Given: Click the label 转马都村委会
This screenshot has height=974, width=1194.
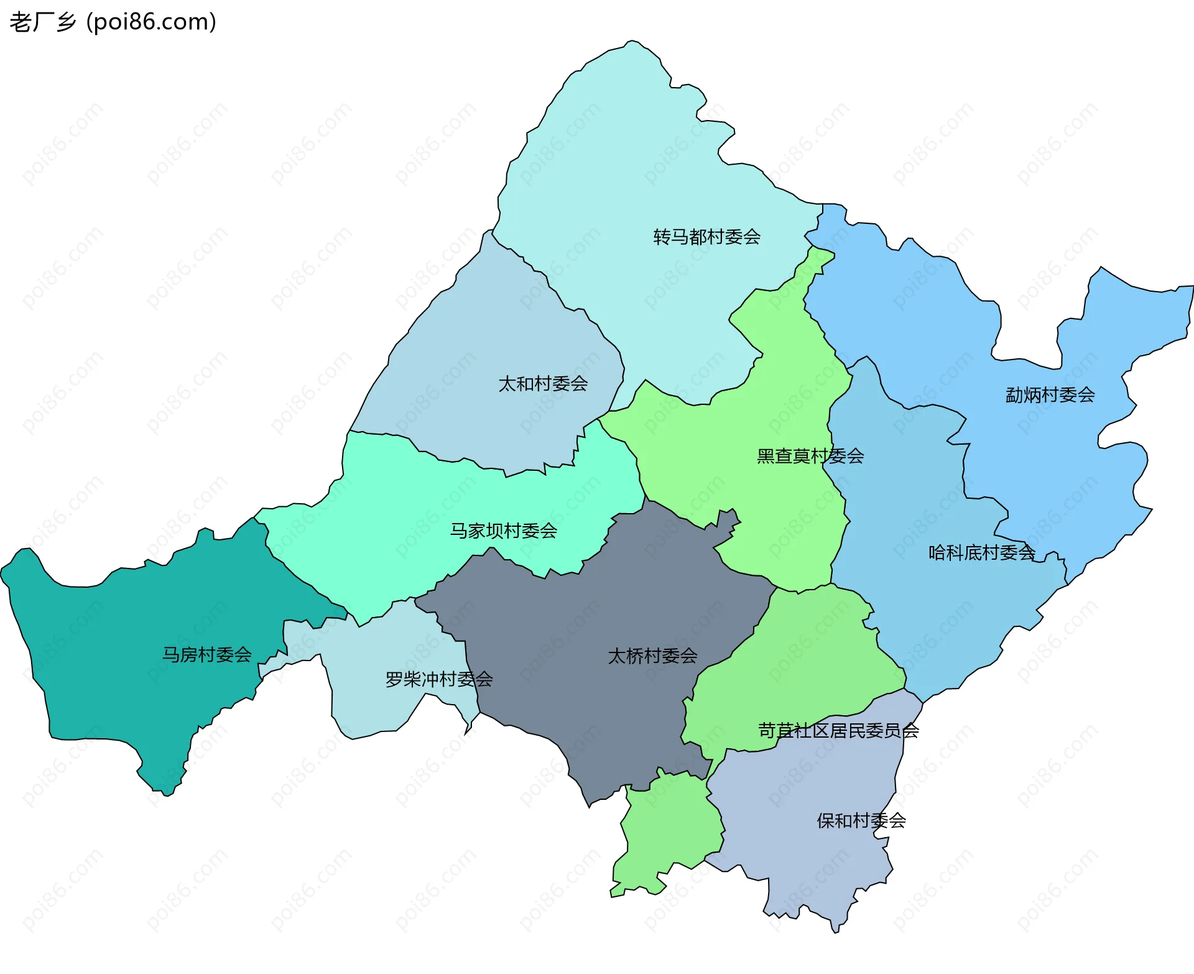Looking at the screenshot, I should click(706, 237).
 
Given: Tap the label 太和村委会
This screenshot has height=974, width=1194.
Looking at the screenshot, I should click(543, 384).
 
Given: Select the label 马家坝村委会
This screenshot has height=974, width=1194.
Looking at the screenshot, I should click(503, 531).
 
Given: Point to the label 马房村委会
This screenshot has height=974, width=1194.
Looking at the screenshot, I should click(207, 655).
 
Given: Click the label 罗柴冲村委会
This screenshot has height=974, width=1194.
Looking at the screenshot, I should click(439, 679).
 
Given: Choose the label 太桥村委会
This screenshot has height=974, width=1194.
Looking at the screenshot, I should click(652, 656).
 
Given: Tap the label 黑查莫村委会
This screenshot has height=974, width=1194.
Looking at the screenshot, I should click(810, 457).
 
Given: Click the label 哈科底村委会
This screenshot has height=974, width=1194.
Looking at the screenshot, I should click(981, 553).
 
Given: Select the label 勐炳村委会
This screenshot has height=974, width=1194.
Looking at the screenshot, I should click(1050, 395).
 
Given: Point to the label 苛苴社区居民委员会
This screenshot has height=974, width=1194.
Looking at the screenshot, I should click(838, 731).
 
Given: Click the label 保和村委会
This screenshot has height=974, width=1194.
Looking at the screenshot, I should click(861, 821).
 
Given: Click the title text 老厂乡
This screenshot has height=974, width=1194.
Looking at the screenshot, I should click(42, 22).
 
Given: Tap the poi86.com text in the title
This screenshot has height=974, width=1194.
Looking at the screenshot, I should click(151, 22).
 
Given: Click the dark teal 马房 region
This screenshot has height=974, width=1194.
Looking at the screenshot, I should click(124, 672).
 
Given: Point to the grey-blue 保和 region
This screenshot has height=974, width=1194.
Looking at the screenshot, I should click(808, 858).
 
